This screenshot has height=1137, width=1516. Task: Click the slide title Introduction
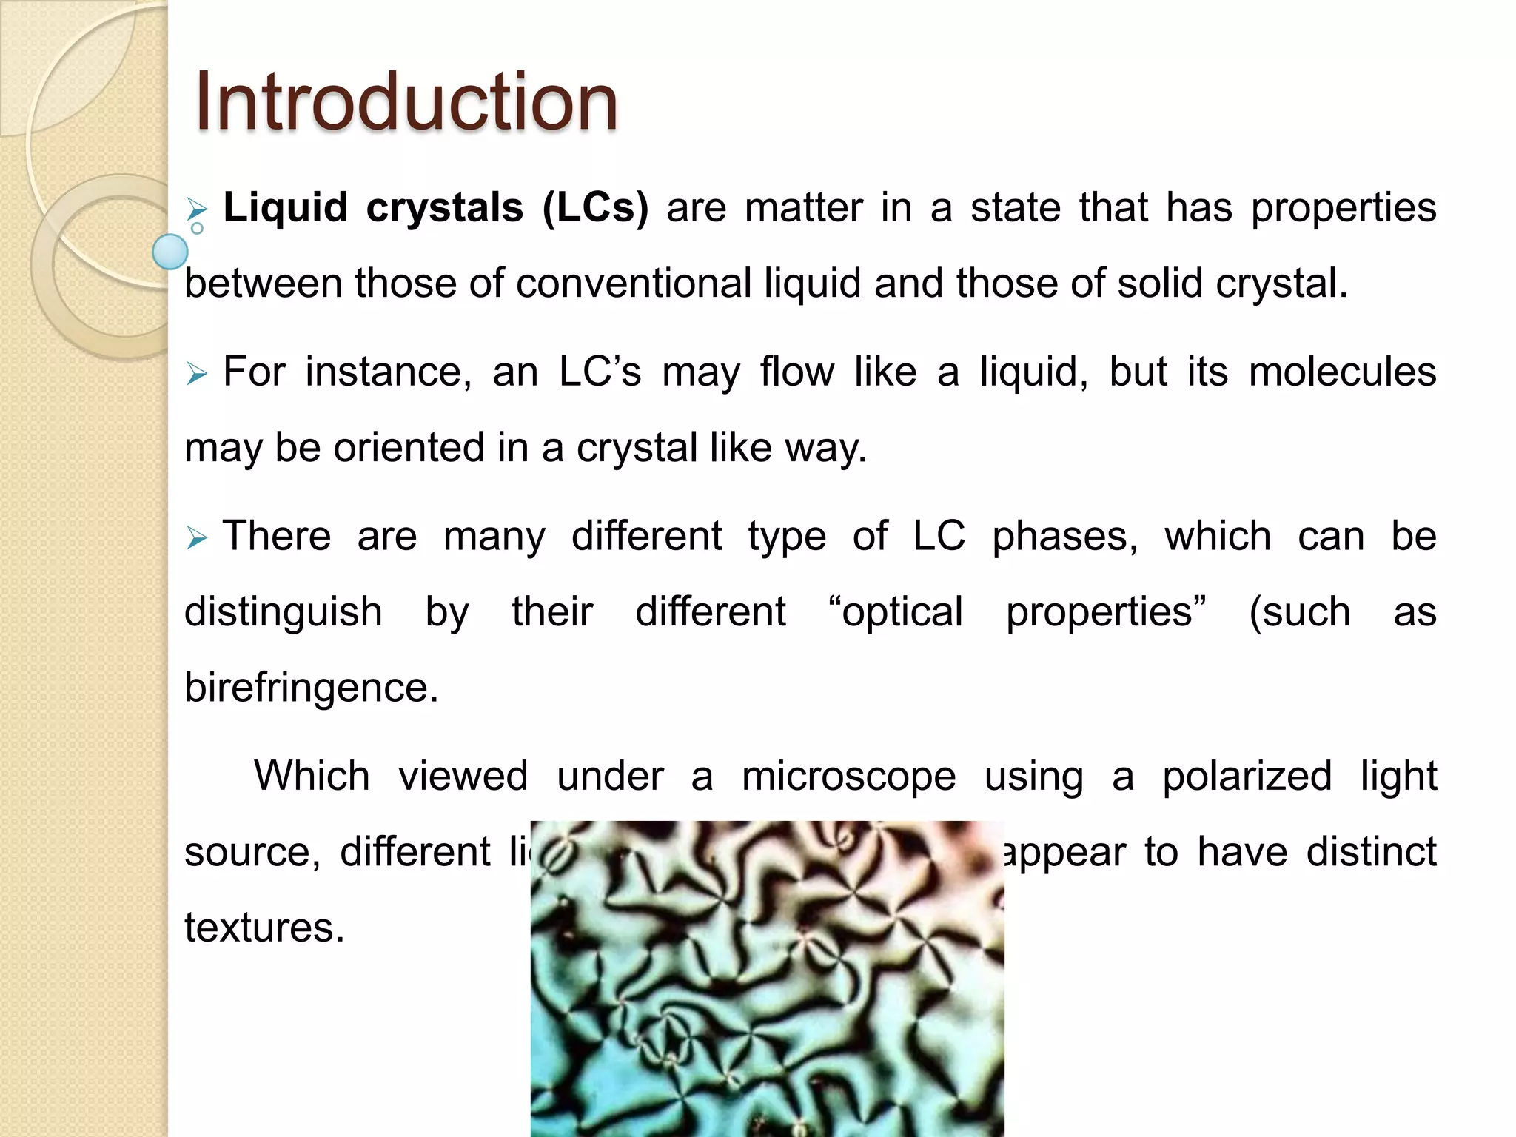click(406, 101)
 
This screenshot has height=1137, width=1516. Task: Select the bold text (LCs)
click(595, 207)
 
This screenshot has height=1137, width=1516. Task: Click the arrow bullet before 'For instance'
click(197, 373)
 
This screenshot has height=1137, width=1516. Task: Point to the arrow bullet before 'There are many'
click(197, 537)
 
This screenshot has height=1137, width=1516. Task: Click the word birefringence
click(311, 688)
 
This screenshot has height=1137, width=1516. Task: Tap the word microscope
click(848, 777)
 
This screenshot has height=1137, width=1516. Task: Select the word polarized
click(1247, 777)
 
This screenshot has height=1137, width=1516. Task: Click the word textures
click(264, 928)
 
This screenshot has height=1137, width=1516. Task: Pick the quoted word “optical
click(896, 612)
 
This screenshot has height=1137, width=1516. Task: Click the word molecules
click(1342, 372)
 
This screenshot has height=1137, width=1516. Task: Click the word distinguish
click(283, 612)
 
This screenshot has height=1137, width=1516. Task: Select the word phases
click(1064, 536)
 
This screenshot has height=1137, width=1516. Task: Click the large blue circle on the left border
click(170, 252)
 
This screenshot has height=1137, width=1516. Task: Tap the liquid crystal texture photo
click(767, 979)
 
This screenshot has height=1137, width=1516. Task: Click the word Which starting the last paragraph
click(312, 777)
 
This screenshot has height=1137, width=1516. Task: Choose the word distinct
click(1371, 852)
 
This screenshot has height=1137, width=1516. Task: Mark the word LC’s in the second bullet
click(600, 372)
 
